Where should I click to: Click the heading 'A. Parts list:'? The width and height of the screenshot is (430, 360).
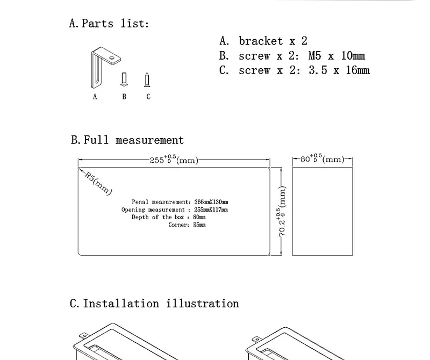(109, 23)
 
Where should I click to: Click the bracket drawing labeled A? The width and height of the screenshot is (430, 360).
(96, 69)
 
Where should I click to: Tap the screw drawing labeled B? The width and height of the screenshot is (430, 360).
(124, 80)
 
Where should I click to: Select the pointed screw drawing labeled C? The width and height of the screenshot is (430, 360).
(147, 80)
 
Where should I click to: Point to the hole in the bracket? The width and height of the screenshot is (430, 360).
(112, 58)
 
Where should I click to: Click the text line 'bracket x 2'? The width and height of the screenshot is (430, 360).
(273, 41)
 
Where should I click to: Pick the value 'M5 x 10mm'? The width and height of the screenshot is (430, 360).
(336, 56)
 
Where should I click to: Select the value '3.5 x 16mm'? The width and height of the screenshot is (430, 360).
(339, 70)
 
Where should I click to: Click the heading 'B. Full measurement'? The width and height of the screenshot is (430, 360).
(127, 140)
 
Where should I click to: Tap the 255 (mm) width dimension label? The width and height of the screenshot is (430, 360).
(174, 159)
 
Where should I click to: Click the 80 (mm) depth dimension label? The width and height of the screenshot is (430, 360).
(322, 159)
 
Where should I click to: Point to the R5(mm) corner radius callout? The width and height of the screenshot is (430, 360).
(98, 183)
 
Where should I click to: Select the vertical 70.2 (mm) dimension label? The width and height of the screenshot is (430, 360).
(282, 211)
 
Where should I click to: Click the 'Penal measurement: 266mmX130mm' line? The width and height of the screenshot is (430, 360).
(180, 202)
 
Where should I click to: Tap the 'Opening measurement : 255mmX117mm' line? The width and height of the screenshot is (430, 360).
(175, 210)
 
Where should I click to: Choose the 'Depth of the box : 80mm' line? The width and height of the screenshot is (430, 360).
(169, 217)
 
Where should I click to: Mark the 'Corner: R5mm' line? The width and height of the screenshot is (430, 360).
(187, 225)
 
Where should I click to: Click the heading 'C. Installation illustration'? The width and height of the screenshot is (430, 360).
(154, 304)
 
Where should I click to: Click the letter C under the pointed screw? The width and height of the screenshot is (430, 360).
(148, 97)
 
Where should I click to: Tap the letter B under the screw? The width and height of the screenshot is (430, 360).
(124, 97)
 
